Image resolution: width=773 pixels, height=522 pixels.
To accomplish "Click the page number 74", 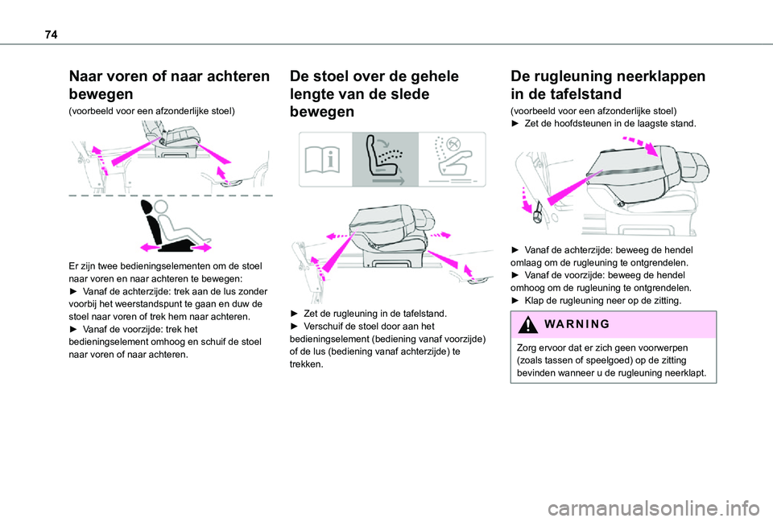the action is coord(51,35).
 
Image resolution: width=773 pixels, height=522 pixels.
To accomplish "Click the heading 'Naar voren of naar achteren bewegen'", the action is coord(169,84).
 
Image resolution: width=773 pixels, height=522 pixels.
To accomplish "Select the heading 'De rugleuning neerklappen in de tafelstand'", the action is coord(608,84).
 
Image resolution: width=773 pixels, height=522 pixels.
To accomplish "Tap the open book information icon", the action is coord(322,159).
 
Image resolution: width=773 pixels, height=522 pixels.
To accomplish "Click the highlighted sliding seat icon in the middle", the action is coord(385,159).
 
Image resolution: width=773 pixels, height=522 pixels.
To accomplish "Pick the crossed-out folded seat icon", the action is coord(452,158).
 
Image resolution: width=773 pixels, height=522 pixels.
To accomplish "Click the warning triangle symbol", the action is coord(528,324).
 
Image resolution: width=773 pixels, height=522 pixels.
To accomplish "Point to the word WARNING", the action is coord(577,324).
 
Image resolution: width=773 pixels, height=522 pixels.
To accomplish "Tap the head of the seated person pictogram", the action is coord(161,207).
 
